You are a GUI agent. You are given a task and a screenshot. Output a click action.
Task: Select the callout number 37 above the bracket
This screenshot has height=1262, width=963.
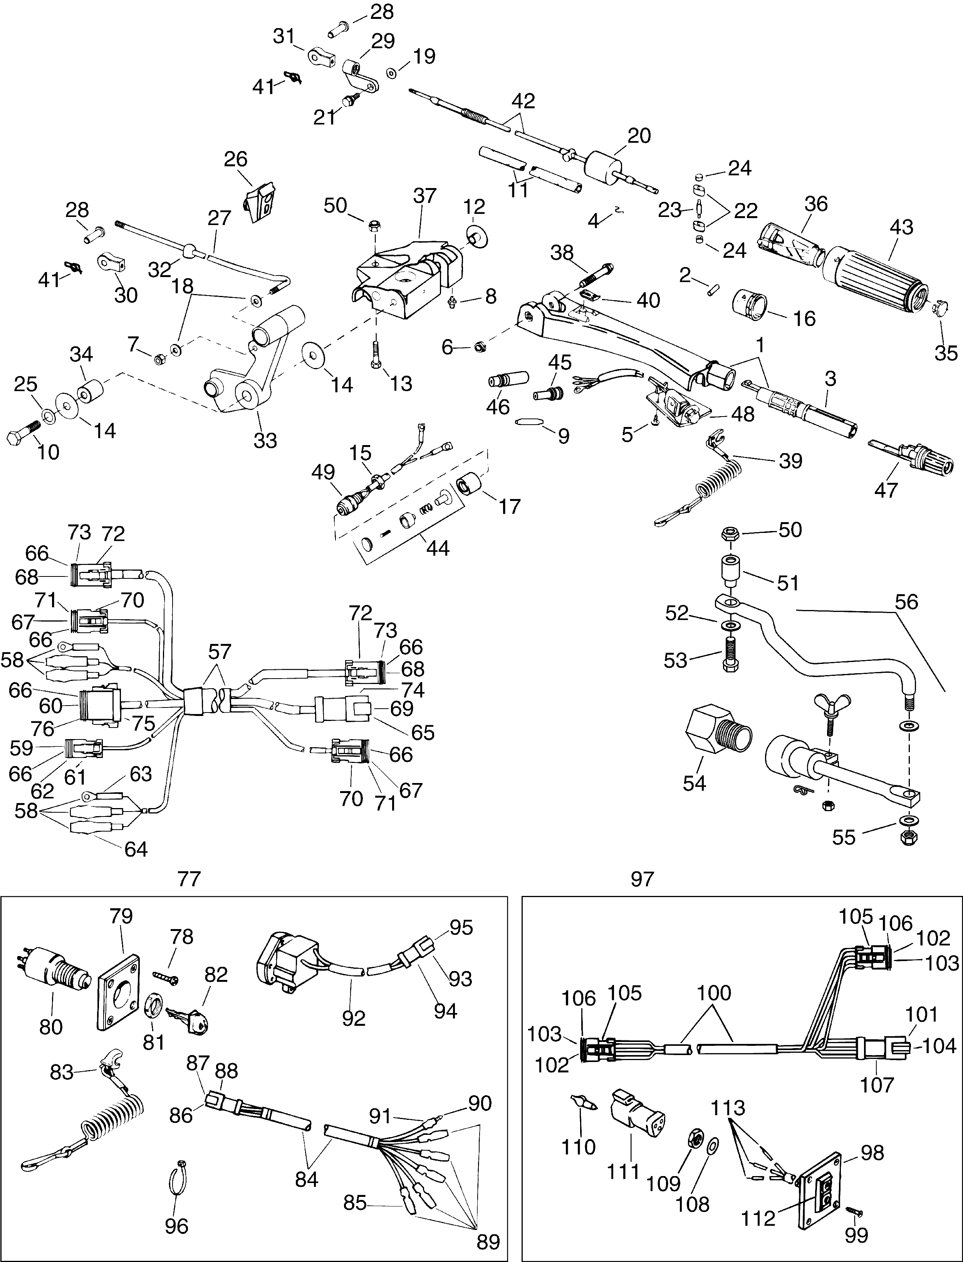[x=425, y=196]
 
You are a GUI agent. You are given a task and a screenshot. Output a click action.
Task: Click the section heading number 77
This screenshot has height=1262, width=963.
[x=189, y=879]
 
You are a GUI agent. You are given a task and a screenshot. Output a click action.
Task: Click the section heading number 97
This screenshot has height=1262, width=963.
[x=642, y=879]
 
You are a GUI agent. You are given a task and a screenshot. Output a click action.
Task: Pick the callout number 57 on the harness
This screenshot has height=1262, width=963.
[x=220, y=652]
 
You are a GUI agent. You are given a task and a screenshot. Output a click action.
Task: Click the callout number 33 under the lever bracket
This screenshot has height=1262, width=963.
[x=265, y=440]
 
